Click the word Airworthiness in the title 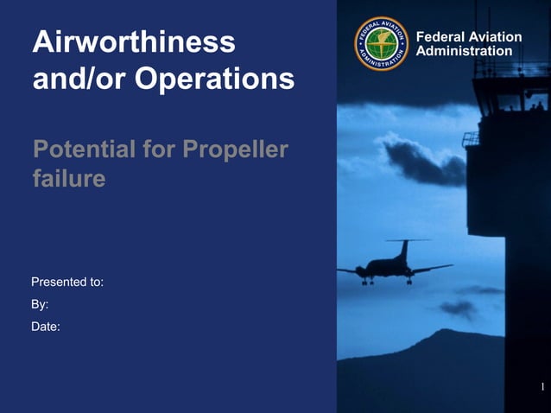(x=133, y=41)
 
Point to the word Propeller (x=235, y=149)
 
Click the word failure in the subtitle (x=69, y=179)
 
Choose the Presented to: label (x=67, y=283)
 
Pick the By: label (x=40, y=304)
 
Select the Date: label (x=45, y=327)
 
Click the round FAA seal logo (x=381, y=45)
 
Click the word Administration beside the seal (x=464, y=51)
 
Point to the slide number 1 (x=541, y=385)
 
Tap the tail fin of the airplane (x=404, y=250)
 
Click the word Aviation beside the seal (x=497, y=37)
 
